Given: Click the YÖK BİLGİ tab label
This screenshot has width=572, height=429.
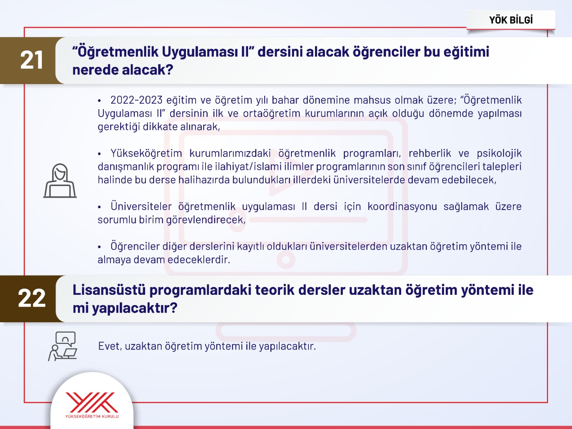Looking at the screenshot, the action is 511,20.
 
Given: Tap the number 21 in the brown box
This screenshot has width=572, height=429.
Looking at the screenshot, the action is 31,60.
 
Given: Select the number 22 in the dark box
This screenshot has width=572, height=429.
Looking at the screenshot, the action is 31,298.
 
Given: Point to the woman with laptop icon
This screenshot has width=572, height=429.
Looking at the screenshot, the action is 60,180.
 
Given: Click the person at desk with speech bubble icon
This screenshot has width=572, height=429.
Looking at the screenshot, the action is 63,346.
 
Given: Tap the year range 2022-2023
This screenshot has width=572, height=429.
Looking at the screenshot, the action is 137,100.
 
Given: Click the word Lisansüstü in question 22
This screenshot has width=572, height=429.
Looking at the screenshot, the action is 109,290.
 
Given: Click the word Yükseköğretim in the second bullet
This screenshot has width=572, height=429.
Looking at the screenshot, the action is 146,153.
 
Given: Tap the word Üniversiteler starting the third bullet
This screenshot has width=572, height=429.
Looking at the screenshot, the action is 141,206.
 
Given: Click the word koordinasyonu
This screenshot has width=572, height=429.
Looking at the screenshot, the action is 402,206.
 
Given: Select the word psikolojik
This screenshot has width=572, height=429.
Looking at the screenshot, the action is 499,153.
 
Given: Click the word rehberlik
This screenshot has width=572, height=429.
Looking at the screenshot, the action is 430,153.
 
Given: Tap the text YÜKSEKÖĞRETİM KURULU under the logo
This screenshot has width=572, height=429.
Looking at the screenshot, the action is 92,416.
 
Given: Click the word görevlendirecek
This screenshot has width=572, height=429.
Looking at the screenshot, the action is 206,220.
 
